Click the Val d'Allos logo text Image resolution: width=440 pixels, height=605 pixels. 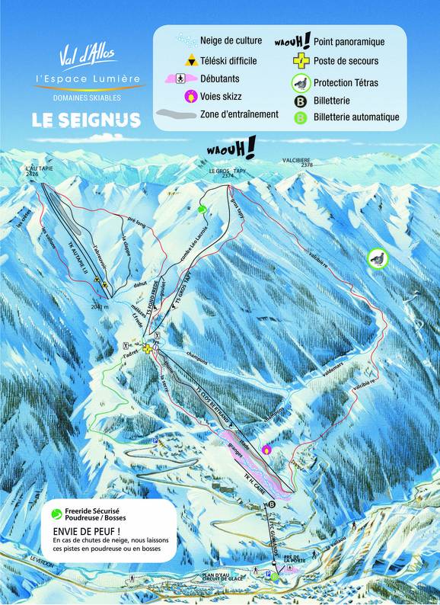(85, 59)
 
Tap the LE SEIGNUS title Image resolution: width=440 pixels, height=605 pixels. (85, 120)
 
